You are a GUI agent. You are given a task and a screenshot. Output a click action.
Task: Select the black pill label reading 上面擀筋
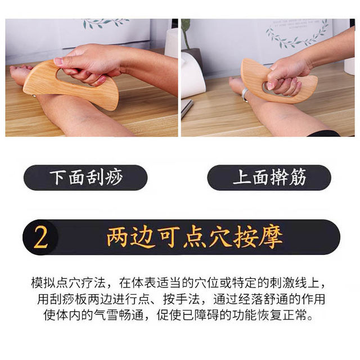[269, 178]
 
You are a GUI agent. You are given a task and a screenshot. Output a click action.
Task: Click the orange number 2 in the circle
[40, 237]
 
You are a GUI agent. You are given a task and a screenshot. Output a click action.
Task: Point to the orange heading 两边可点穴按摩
[194, 237]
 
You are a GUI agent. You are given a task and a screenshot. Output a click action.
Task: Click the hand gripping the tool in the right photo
[287, 76]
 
